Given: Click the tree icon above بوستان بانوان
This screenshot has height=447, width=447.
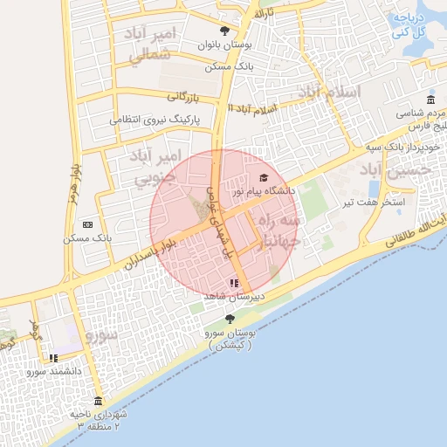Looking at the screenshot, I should pos(225,31).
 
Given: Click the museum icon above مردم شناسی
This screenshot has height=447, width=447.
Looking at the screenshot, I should pos(430,100).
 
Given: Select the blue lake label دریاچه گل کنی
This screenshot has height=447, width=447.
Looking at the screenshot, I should pos(409,25).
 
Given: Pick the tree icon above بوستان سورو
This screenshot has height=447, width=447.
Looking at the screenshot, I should pos(230,320).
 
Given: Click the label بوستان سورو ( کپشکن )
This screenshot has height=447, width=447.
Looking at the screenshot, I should pos(230,339).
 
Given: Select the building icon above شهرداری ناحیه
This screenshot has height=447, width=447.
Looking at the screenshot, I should pos(97,401).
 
